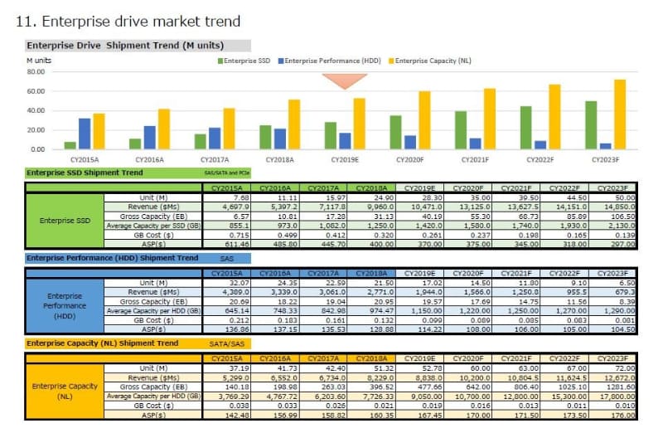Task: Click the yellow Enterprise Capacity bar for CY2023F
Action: click(x=620, y=114)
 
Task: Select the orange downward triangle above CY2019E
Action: click(x=344, y=80)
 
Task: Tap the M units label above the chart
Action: click(x=39, y=61)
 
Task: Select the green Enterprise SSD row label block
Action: click(x=65, y=221)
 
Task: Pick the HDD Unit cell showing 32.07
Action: click(x=225, y=284)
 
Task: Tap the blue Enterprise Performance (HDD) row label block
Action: click(x=65, y=306)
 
